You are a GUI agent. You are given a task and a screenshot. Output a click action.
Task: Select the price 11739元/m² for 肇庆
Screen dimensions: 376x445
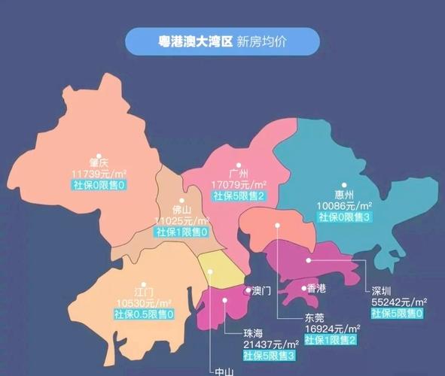coord(99,173)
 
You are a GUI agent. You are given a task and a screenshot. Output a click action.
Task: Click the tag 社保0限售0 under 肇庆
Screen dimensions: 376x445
coord(99,184)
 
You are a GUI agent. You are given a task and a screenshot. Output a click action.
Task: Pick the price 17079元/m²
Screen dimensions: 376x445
coord(239,183)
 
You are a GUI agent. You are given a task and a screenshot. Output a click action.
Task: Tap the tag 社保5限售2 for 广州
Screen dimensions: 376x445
coord(239,195)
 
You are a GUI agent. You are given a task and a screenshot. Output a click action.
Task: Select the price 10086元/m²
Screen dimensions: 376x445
coord(344,205)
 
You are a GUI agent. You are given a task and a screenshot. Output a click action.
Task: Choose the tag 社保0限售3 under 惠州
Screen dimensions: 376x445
coord(344,217)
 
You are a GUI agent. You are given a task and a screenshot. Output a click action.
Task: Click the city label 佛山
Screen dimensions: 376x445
coord(181,210)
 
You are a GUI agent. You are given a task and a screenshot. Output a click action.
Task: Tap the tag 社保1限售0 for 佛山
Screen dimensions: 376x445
coord(181,232)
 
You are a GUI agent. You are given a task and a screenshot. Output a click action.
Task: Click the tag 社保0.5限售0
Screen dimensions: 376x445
coord(143,313)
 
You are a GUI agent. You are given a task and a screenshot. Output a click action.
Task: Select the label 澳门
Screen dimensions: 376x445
coord(261,290)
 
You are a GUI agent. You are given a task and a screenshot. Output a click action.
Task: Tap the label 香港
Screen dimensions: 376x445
coord(317,288)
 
